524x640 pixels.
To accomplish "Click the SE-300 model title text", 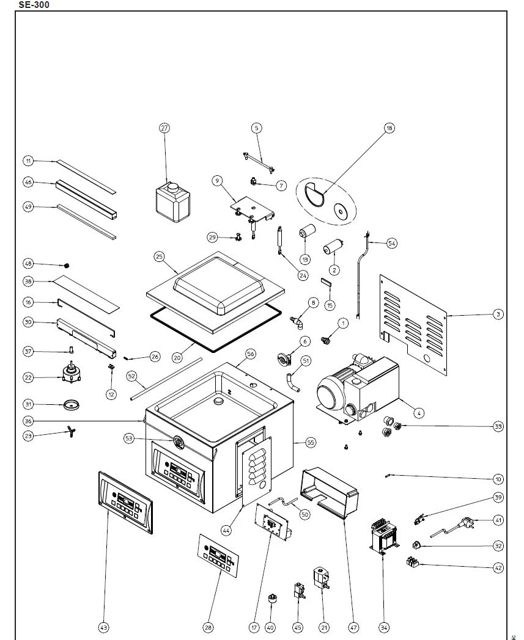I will click(34, 5).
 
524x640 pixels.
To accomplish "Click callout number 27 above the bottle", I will click(164, 128).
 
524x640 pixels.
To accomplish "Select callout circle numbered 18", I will click(389, 128).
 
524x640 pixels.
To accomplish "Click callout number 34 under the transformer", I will click(383, 627).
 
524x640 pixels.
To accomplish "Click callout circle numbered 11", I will click(28, 161).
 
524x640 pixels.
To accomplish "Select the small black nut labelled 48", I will click(67, 265).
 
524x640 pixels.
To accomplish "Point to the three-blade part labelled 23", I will click(70, 434).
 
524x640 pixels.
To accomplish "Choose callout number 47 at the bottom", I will click(353, 627).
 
